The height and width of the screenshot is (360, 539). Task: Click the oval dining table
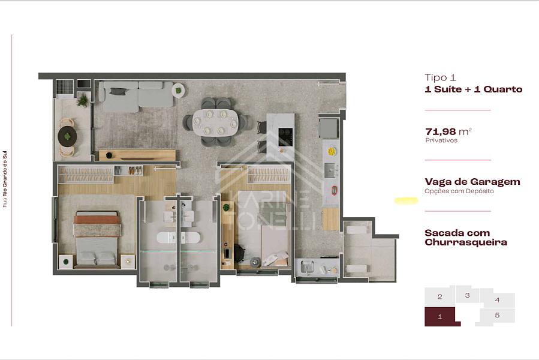[x=215, y=122]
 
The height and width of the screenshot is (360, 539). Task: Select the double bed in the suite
[x=97, y=239]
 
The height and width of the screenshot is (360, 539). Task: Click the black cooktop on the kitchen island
[x=285, y=137]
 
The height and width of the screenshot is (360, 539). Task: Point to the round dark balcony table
[x=67, y=136]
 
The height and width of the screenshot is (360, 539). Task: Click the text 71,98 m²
[x=448, y=131]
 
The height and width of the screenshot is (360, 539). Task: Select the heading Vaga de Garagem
[x=472, y=181]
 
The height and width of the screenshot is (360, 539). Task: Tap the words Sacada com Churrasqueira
[x=466, y=238]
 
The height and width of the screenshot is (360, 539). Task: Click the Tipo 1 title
[x=440, y=77]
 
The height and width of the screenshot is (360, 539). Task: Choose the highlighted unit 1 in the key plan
[x=440, y=316]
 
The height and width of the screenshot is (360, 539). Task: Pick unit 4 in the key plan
[x=498, y=300]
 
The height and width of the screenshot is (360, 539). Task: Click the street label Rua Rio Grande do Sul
[x=5, y=179]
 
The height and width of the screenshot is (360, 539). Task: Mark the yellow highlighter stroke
[x=406, y=200]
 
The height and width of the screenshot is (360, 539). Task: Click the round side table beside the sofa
[x=178, y=91]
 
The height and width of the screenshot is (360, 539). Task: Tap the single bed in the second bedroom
[x=273, y=229]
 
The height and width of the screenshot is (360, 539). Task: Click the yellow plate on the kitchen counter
[x=332, y=151]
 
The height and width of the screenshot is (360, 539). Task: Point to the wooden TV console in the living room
[x=137, y=155]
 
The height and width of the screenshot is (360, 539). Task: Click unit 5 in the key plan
[x=497, y=316]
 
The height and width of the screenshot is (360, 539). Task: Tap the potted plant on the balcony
[x=83, y=100]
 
